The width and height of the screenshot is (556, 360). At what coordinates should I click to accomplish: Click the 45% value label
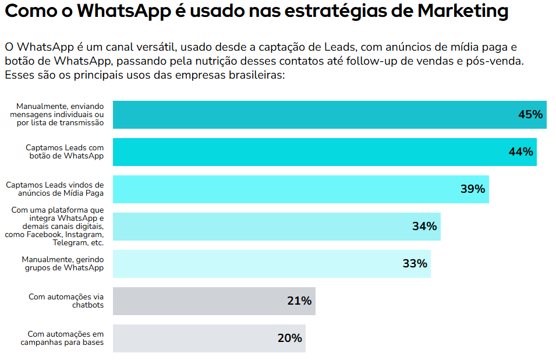point(530,115)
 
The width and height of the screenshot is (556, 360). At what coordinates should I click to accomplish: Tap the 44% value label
point(520,152)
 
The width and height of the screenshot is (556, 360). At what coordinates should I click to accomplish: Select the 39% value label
point(472,189)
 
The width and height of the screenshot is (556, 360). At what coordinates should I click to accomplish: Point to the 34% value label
point(424,227)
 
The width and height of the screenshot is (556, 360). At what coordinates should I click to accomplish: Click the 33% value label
point(415,264)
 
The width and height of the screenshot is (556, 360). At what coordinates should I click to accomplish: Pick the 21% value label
point(299,301)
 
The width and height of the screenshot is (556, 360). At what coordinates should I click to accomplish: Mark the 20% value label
point(289,338)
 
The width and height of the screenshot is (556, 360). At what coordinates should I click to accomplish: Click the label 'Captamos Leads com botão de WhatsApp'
point(65,152)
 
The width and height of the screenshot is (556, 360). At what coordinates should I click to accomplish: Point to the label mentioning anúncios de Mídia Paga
point(55,189)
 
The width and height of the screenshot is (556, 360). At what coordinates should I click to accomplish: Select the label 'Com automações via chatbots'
point(66,301)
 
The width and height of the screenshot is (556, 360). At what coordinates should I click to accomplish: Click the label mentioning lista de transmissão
point(57,115)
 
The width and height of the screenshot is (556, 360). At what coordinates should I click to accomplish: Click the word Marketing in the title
point(463,11)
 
